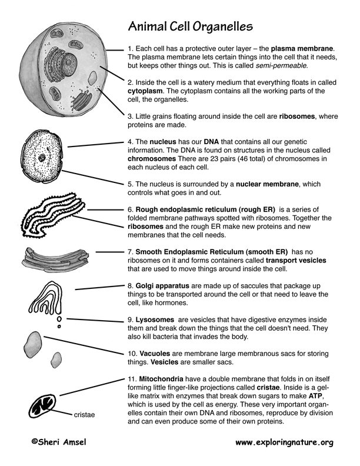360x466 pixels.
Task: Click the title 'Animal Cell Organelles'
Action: tap(191, 26)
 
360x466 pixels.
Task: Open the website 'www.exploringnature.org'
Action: tap(284, 441)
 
